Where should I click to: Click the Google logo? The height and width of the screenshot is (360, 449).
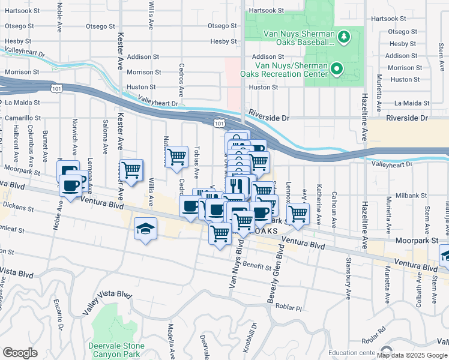tap(20, 353)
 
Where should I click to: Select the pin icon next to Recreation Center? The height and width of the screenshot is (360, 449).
tap(337, 70)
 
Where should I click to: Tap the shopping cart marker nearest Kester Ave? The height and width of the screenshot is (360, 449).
tap(131, 170)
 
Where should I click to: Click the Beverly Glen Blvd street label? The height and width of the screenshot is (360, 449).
tap(279, 268)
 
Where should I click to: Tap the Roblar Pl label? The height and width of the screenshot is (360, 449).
tap(290, 307)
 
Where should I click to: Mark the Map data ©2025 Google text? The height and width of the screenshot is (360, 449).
tap(412, 355)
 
